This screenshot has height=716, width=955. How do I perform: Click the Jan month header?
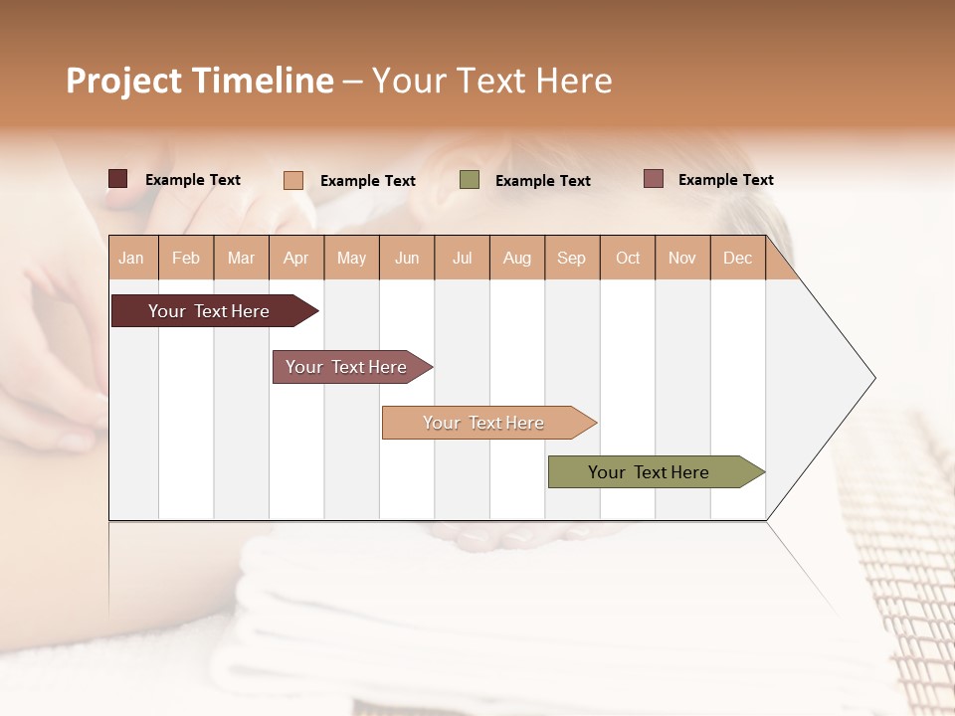click(131, 258)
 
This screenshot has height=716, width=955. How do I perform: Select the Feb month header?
click(186, 258)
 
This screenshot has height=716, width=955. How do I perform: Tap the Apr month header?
click(295, 258)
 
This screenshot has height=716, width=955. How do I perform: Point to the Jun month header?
click(407, 258)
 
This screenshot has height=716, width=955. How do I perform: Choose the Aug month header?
click(517, 258)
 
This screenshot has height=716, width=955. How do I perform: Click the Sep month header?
click(571, 258)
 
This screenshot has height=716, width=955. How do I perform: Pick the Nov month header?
click(682, 258)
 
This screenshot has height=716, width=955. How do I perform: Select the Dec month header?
click(737, 258)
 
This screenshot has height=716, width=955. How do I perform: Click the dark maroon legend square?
click(118, 179)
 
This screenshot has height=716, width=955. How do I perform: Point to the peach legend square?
click(293, 180)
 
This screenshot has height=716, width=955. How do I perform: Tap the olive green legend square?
click(470, 180)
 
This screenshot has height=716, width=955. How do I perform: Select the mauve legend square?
click(653, 179)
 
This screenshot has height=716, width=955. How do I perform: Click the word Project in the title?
click(123, 81)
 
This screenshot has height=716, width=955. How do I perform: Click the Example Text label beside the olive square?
click(542, 181)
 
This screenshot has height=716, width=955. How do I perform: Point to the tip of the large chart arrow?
click(873, 378)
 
